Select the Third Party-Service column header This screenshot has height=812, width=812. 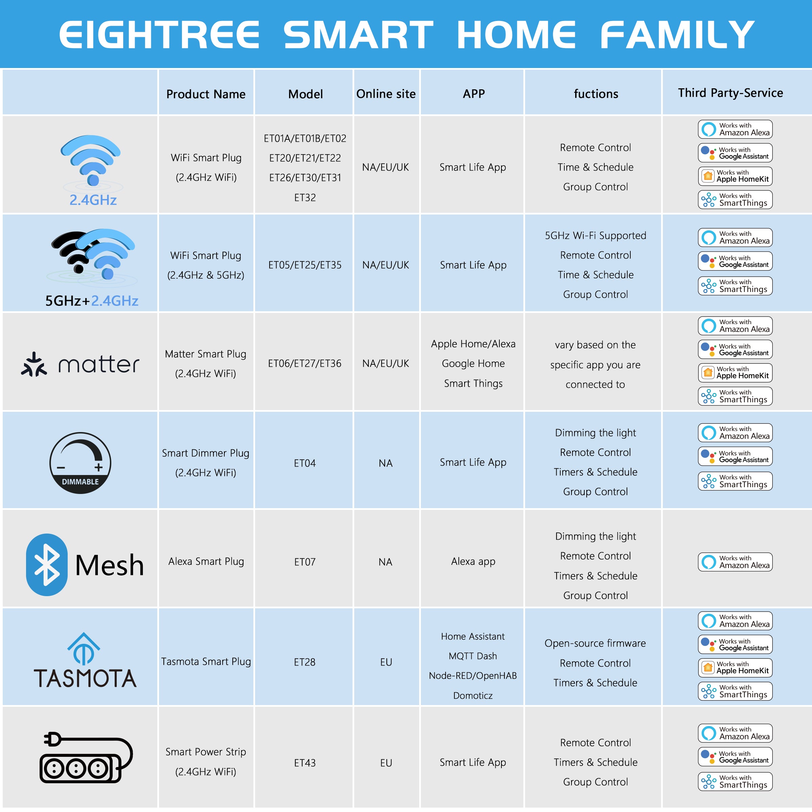click(730, 93)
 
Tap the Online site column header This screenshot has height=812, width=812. click(386, 94)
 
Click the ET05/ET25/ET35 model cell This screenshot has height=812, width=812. click(305, 265)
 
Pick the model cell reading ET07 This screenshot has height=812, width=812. click(305, 562)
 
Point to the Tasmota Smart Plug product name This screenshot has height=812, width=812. click(206, 661)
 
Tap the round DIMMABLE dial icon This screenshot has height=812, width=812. click(80, 463)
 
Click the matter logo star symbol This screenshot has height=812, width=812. click(34, 364)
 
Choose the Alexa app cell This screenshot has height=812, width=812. click(473, 562)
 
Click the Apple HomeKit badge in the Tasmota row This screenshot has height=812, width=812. click(735, 668)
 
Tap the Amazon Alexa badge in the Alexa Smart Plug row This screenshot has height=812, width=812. click(735, 562)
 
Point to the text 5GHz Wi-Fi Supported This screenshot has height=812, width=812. click(595, 235)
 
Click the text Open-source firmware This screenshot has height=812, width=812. click(595, 643)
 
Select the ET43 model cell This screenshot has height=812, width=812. click(305, 763)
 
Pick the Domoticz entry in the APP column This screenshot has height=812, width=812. click(473, 696)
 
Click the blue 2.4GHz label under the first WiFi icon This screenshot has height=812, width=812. click(93, 200)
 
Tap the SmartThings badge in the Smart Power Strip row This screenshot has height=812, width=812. click(735, 782)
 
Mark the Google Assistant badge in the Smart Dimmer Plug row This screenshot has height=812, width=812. click(735, 456)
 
